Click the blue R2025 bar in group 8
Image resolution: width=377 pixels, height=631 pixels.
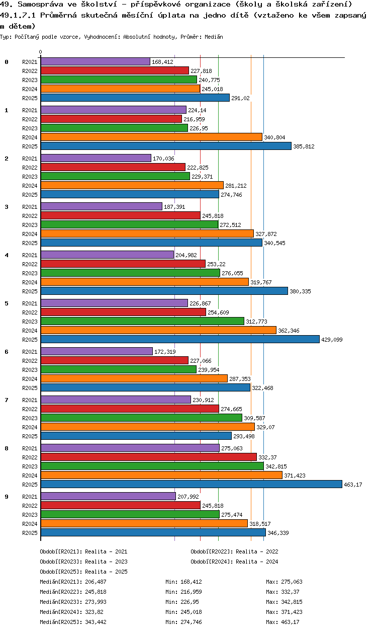coord(191,484)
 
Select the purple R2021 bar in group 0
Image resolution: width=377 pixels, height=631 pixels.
coord(95,61)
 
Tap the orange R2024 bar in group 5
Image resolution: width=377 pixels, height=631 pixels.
coord(158,330)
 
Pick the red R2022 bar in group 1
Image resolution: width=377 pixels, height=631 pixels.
coord(111,119)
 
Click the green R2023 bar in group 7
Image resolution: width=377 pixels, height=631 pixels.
coord(141,418)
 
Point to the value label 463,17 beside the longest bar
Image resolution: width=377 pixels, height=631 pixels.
coord(353,485)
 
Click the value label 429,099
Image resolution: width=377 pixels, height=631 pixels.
coord(332,340)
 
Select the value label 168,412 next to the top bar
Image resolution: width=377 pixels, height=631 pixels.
coord(162,62)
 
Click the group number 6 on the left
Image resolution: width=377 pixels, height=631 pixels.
coord(7,351)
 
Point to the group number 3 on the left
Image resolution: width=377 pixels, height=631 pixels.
coord(7,206)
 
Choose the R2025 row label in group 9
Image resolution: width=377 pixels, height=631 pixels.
coord(30,533)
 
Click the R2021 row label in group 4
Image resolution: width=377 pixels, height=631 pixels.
coord(30,255)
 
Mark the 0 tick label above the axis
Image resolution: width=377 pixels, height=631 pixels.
coord(41,52)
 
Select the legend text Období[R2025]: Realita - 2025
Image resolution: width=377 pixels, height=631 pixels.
coord(83,572)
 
